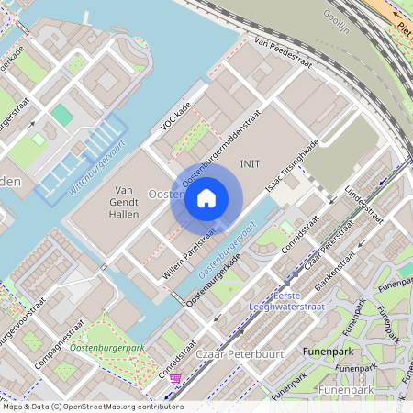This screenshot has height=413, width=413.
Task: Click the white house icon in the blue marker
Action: [x=206, y=197]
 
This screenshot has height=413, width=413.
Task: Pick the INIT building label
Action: [x=250, y=162]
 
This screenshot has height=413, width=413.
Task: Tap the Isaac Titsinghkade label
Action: [x=292, y=167]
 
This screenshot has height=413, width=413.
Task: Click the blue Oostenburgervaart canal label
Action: [x=226, y=251]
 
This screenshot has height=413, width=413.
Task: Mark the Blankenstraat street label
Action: [x=335, y=273]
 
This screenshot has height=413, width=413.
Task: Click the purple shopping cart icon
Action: [x=175, y=377]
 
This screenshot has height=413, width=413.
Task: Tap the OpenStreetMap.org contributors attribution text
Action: [x=119, y=406]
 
